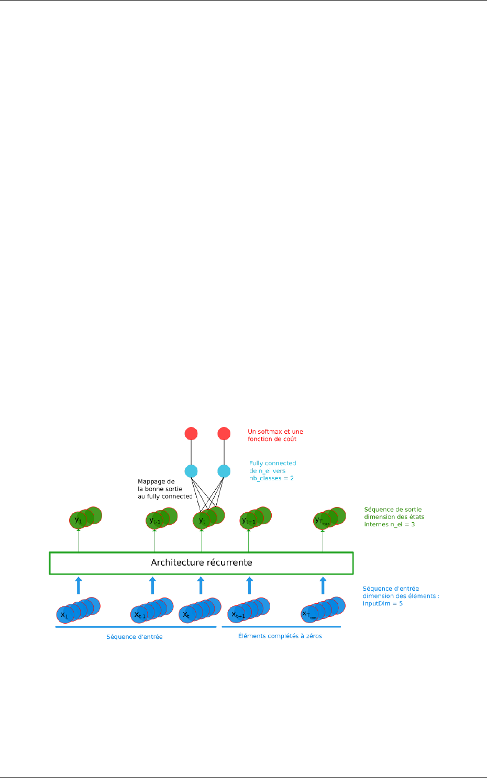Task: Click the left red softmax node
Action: tap(191, 434)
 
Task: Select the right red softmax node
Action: tap(224, 434)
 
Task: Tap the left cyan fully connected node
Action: tap(191, 471)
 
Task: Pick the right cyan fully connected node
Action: tap(224, 471)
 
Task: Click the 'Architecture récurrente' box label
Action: tap(202, 563)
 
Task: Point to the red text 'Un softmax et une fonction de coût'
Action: tap(275, 435)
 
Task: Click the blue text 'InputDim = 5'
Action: tap(382, 603)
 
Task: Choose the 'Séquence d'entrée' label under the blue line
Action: tap(135, 637)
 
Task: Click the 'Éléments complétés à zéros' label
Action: tap(280, 636)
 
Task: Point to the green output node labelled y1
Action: tap(78, 521)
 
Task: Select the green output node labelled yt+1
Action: tap(248, 521)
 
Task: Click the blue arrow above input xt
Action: tap(201, 585)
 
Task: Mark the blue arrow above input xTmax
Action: tap(323, 585)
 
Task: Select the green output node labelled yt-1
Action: tap(154, 521)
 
